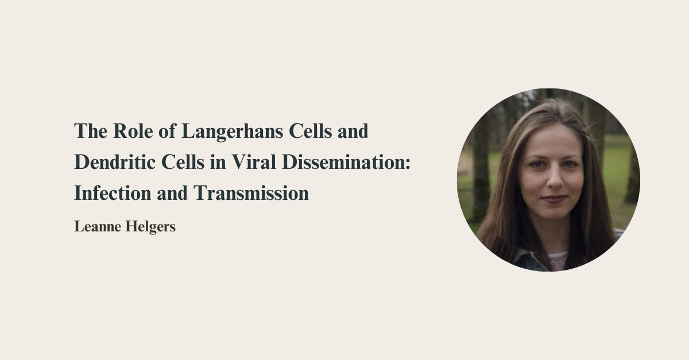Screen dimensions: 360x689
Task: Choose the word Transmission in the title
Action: pos(251,193)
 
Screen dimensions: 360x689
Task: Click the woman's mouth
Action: pos(553,199)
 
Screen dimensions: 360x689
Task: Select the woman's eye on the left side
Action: pos(536,164)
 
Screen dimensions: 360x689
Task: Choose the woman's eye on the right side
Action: pos(569,164)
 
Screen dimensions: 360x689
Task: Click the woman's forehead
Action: pos(551,141)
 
